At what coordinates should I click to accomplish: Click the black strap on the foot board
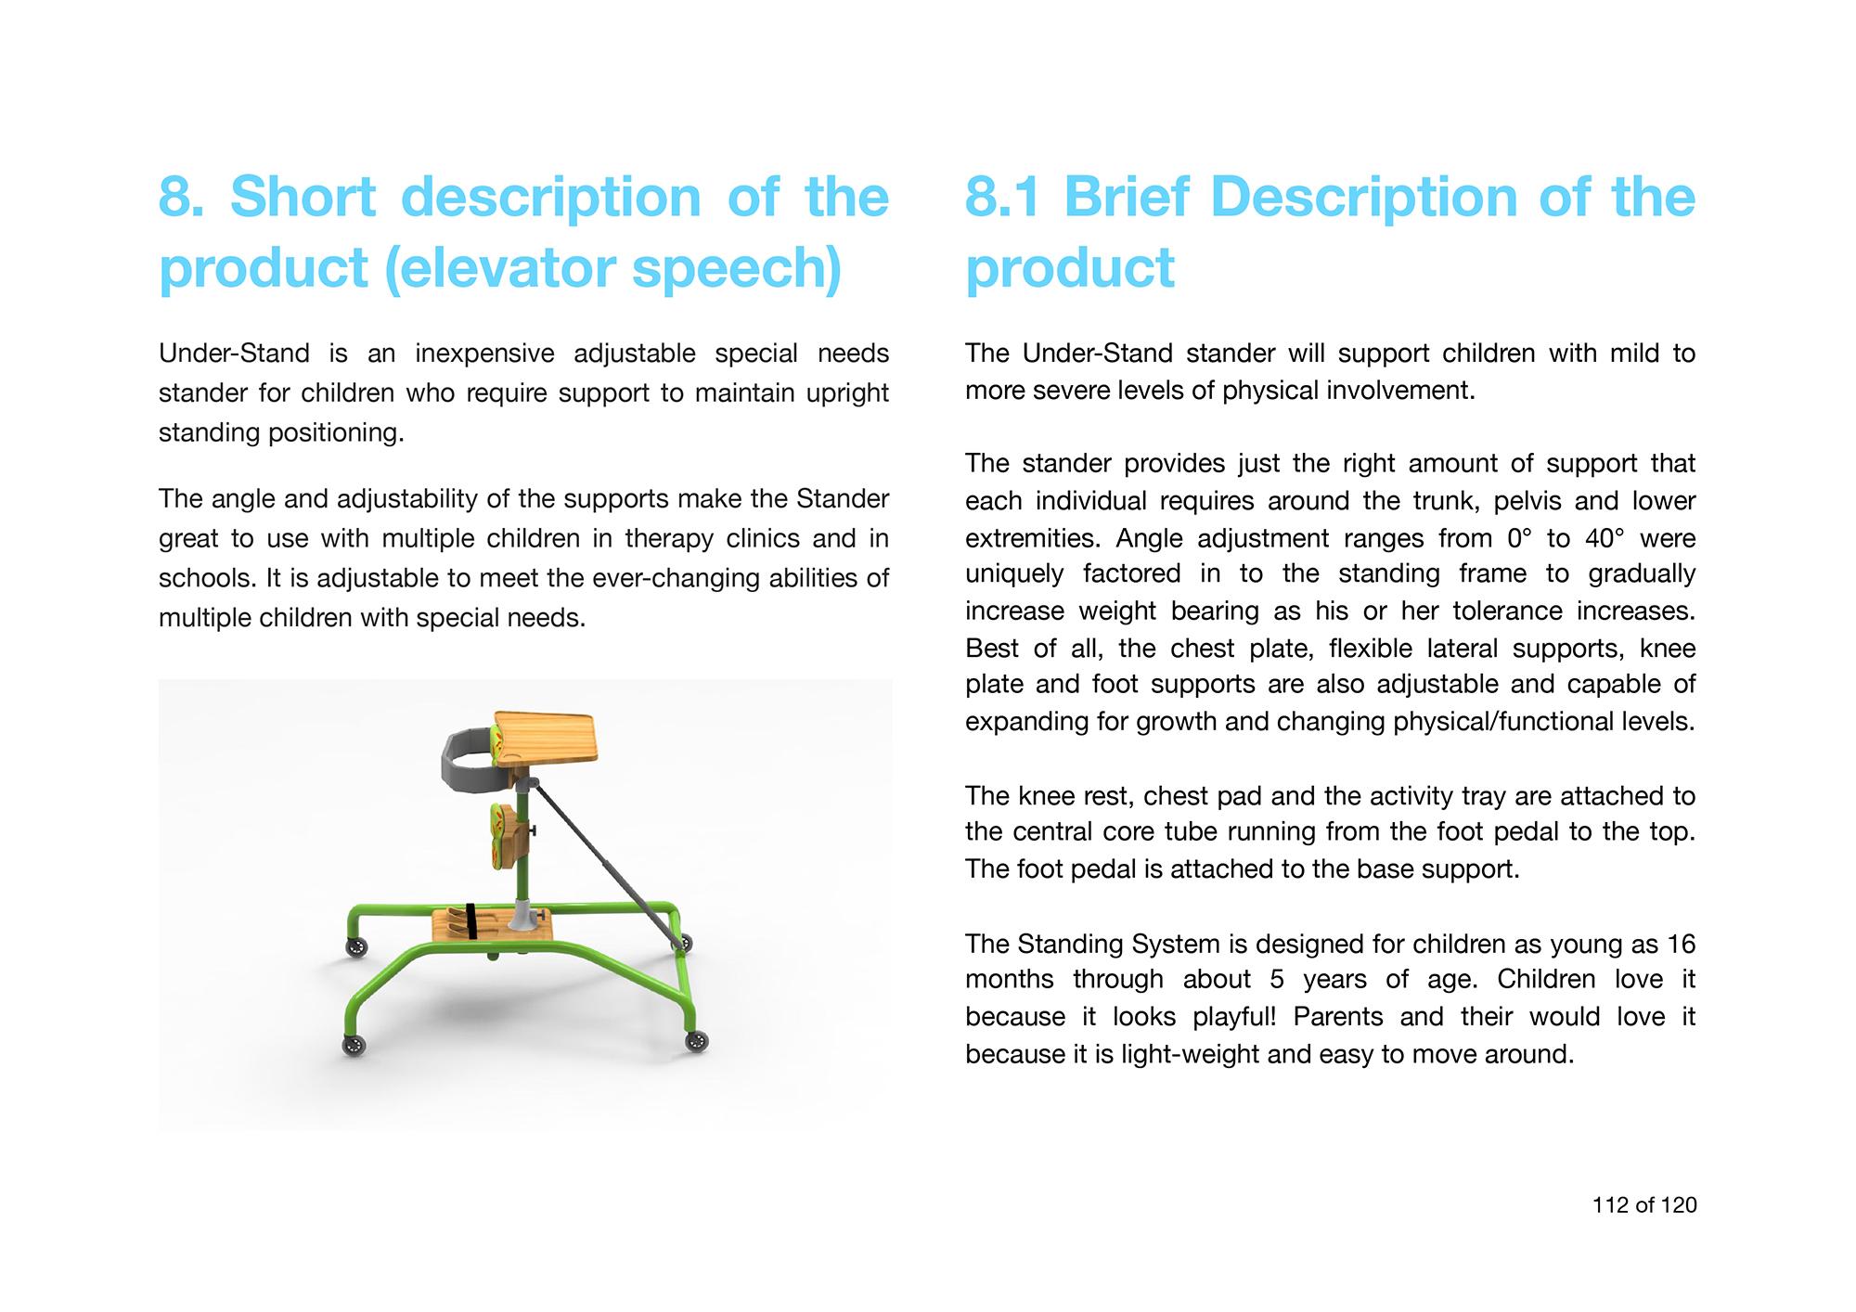(x=472, y=920)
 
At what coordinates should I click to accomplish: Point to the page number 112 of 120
(x=1644, y=1204)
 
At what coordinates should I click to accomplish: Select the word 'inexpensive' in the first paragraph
(x=484, y=354)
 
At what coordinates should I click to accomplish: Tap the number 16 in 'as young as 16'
(x=1682, y=945)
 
